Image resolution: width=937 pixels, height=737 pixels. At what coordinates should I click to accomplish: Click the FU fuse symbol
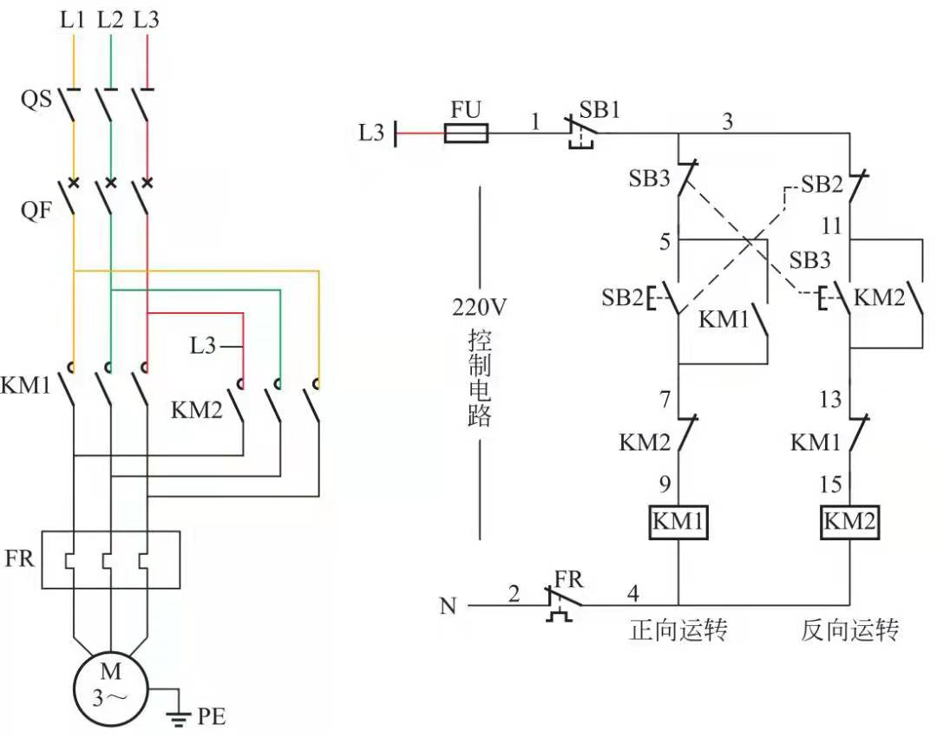pyautogui.click(x=466, y=134)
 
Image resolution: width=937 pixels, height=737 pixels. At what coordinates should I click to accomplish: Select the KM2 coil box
pyautogui.click(x=849, y=522)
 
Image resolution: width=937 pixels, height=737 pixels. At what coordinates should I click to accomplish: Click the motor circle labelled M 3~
pyautogui.click(x=110, y=683)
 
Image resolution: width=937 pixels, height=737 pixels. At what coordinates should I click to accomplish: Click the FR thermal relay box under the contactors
pyautogui.click(x=110, y=560)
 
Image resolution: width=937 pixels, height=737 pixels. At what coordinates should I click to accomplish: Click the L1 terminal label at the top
pyautogui.click(x=73, y=20)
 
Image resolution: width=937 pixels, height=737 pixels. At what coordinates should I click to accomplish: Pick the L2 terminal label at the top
pyautogui.click(x=110, y=20)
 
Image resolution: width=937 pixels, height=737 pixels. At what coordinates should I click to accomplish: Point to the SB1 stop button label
pyautogui.click(x=601, y=110)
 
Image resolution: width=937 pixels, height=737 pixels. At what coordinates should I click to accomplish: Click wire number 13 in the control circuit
pyautogui.click(x=830, y=399)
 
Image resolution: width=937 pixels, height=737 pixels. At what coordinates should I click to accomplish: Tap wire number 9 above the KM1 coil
pyautogui.click(x=664, y=484)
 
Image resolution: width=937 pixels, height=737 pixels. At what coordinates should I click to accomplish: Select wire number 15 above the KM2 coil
pyautogui.click(x=832, y=484)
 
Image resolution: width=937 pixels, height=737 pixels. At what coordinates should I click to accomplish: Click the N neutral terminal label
pyautogui.click(x=448, y=606)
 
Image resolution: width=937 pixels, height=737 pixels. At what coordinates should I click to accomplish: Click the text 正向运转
pyautogui.click(x=678, y=630)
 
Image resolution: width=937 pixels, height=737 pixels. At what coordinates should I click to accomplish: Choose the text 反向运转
pyautogui.click(x=849, y=630)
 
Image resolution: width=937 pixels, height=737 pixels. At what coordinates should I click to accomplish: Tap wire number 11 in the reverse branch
pyautogui.click(x=831, y=227)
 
